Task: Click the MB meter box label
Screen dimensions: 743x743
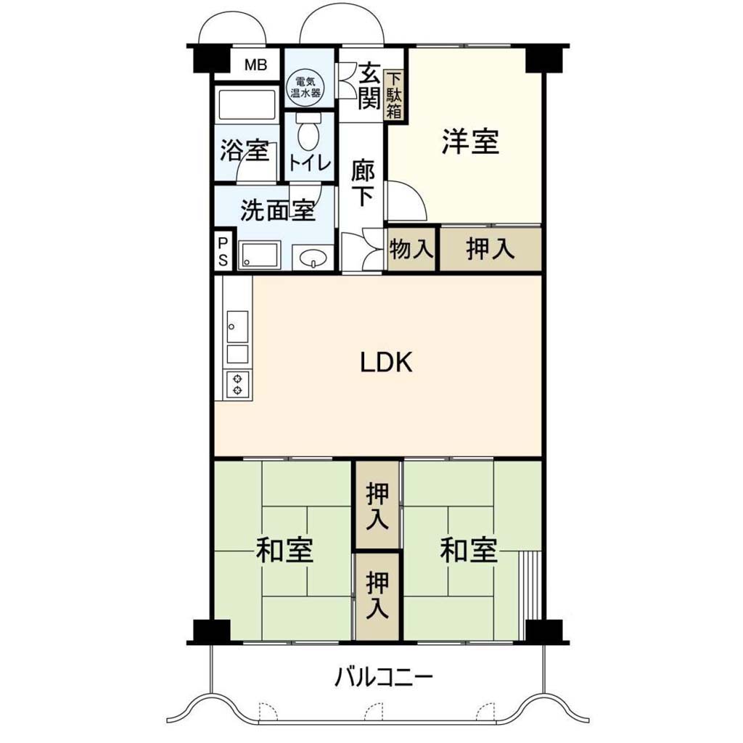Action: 256,65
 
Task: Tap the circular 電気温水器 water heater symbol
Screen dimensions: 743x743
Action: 305,87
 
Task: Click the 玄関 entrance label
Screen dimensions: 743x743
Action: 369,86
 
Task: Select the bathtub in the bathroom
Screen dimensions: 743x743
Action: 246,104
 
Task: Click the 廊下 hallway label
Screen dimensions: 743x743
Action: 363,184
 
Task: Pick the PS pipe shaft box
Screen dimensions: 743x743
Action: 223,252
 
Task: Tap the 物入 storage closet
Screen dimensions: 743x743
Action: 411,250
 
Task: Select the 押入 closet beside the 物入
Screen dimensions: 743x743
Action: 491,250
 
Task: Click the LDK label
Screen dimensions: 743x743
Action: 387,363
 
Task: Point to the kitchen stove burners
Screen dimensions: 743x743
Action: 238,384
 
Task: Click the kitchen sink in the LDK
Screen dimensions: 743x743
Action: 237,327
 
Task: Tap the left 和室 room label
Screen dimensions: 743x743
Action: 284,550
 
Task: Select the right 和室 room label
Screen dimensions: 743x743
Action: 469,550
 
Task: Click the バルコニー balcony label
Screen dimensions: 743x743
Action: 384,678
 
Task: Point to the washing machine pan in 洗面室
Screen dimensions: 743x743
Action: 260,255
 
